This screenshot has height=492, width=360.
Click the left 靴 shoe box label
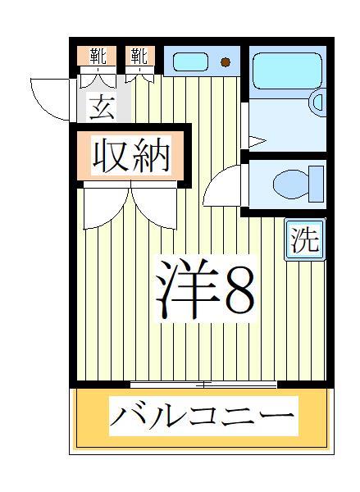pyautogui.click(x=98, y=57)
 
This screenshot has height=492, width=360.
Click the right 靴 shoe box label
pyautogui.click(x=139, y=57)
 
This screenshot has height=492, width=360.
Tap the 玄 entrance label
pyautogui.click(x=102, y=108)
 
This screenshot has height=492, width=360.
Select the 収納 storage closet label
pyautogui.click(x=131, y=156)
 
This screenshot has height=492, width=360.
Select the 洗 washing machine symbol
pyautogui.click(x=303, y=240)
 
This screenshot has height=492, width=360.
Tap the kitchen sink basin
pyautogui.click(x=192, y=61)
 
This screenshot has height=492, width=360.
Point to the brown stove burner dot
pyautogui.click(x=226, y=62)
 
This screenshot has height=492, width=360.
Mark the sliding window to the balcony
pyautogui.click(x=203, y=384)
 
